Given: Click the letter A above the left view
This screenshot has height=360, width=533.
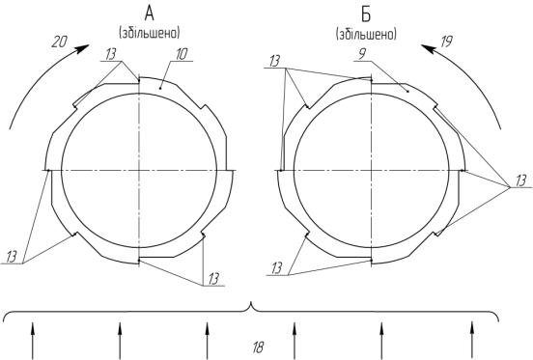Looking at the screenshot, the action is tap(150, 14).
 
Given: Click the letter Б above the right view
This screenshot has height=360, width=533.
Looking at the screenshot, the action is tap(366, 14).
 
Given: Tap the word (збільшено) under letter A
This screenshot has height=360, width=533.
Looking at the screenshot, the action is tap(150, 33).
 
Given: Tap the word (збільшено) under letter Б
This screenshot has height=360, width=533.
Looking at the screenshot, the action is tap(366, 35).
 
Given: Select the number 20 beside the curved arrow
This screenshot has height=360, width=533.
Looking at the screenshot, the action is tap(60, 42).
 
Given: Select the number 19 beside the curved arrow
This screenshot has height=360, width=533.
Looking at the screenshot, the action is tap(446, 42).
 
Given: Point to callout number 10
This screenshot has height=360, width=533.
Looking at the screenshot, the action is tap(182, 54).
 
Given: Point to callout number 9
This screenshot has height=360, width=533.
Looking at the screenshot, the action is tap(363, 54).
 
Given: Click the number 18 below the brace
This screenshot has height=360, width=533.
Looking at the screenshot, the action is tap(259, 347).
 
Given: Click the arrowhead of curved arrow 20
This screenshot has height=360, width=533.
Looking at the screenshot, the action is tap(83, 48).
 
